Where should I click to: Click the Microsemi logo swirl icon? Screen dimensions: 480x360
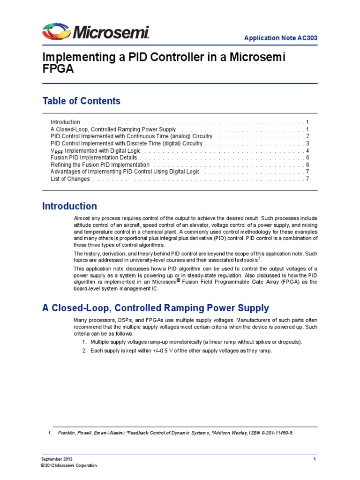[x=57, y=32]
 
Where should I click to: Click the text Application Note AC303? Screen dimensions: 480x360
[x=285, y=38]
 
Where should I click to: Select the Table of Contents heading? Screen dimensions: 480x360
[x=81, y=101]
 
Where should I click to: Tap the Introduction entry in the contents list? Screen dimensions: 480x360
[x=65, y=122]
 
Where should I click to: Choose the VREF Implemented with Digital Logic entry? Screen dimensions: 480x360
[x=96, y=151]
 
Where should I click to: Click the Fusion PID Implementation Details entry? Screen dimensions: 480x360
[x=93, y=158]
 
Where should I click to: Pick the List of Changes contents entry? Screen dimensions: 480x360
[x=70, y=179]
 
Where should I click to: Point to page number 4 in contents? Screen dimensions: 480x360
[x=307, y=151]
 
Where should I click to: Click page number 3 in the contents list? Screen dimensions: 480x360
[x=307, y=143]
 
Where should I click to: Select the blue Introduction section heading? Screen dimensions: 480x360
[x=70, y=206]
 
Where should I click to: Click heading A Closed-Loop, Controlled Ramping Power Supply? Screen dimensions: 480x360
[x=156, y=308]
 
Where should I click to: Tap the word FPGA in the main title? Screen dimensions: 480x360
[x=59, y=69]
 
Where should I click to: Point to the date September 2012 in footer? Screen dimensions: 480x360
[x=57, y=458]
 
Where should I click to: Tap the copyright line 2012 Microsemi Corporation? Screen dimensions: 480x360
[x=68, y=465]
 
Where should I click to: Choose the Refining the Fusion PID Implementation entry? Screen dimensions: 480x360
[x=100, y=165]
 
